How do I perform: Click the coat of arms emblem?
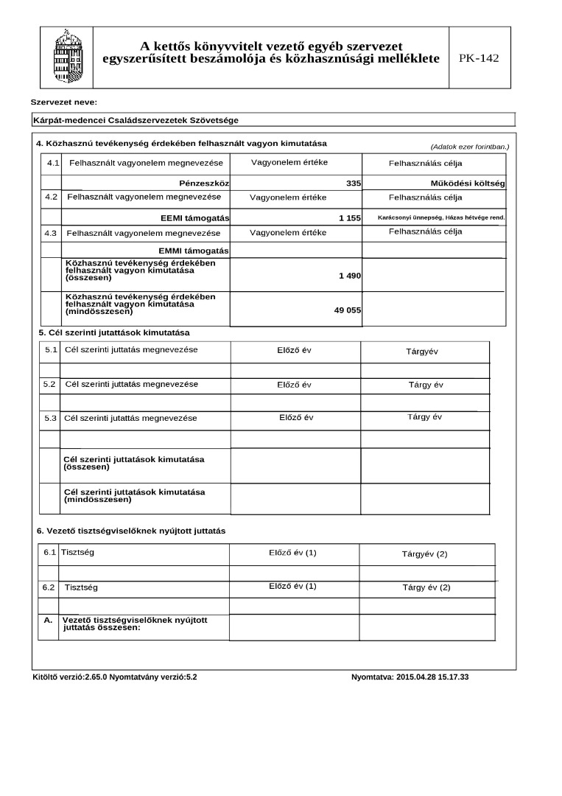click(x=63, y=57)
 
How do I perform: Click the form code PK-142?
click(x=479, y=58)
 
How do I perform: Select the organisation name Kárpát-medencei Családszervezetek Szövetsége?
click(x=136, y=119)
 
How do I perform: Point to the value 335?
click(x=353, y=182)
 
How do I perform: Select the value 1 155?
click(x=349, y=218)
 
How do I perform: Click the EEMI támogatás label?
click(x=195, y=218)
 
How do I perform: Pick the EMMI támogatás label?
click(x=194, y=251)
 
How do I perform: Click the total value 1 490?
click(x=349, y=275)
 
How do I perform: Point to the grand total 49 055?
click(x=347, y=310)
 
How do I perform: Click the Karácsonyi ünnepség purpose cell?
click(x=440, y=217)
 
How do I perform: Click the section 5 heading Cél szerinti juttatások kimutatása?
click(x=114, y=332)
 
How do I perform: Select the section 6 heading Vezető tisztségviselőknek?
click(x=131, y=531)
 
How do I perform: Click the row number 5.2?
click(x=49, y=384)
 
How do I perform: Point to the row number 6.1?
click(x=49, y=552)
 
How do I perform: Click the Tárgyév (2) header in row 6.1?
click(x=424, y=554)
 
